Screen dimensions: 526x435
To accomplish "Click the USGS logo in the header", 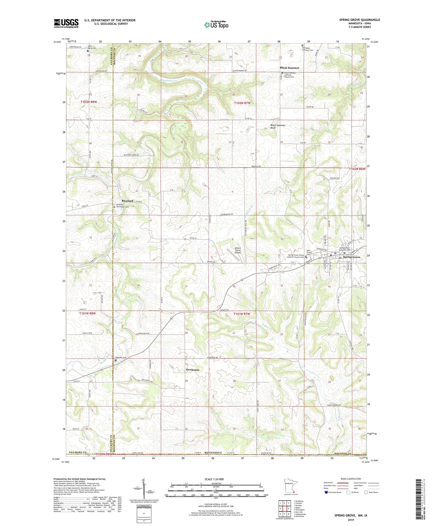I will coord(66,23).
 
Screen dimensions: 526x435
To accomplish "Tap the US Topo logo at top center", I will coord(216,25).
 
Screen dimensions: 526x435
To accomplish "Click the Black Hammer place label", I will coord(289,68).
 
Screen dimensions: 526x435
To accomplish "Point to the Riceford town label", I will coord(127,201).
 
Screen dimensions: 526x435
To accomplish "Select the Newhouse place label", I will coord(193,370).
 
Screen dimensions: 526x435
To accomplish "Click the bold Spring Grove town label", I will coord(351,257).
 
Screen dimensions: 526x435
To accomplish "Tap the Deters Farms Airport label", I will coord(240,250).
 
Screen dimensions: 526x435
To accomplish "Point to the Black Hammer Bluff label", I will coord(278,126).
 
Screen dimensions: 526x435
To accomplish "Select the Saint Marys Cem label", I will coord(93,47).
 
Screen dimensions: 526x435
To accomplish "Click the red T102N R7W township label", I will coord(242,103).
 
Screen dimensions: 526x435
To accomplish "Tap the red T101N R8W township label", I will coord(88,314).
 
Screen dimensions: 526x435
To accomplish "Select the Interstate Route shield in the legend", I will coord(326,492).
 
